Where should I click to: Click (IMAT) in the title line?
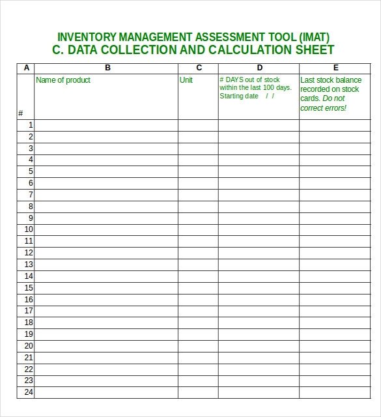coord(314,37)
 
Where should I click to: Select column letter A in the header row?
coord(26,68)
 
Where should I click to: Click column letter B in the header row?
coord(107,68)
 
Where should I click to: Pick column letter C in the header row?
coord(199,68)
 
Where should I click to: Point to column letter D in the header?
coord(259,68)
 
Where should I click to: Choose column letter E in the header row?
coord(336,68)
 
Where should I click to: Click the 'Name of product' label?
coord(63,80)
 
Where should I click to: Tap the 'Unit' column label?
coord(186,80)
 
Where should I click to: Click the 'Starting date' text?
coord(239,96)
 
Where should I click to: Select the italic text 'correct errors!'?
coord(324,108)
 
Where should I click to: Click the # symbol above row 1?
coord(21,113)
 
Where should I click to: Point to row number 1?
coord(30,125)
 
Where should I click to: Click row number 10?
coord(29,229)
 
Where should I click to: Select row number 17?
coord(29,311)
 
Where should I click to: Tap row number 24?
coord(29,392)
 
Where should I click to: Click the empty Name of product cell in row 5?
coord(106,171)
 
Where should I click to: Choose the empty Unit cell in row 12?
coord(198,253)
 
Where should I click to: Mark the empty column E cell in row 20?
coord(336,346)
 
